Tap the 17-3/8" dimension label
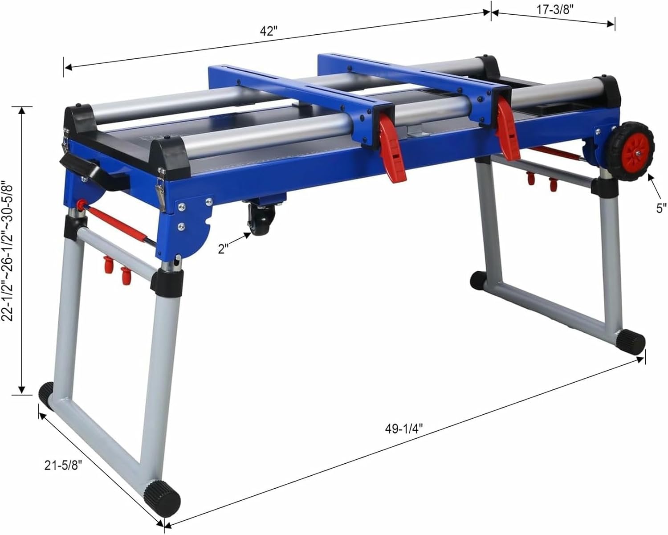click(554, 10)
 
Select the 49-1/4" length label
click(403, 429)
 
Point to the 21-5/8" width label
click(64, 466)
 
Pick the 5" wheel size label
click(661, 208)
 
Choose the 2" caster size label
click(224, 248)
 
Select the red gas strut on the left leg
click(117, 225)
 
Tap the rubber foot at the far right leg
click(631, 341)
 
